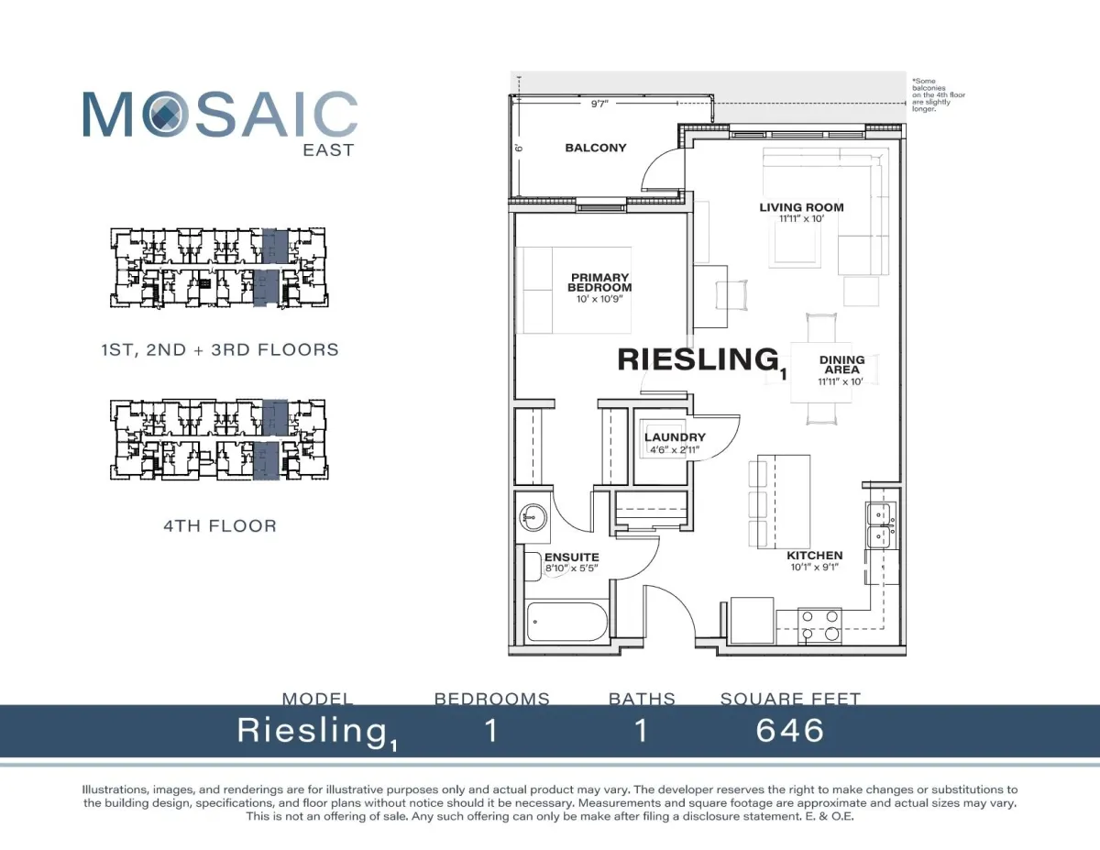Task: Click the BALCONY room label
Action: point(595,148)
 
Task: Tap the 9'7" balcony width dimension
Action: point(599,104)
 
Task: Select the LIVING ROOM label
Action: point(801,207)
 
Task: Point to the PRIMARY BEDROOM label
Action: point(599,282)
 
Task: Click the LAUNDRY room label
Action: point(675,436)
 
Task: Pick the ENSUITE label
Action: point(571,557)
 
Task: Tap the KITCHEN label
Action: point(815,556)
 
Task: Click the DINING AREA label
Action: point(841,365)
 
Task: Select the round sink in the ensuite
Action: point(533,517)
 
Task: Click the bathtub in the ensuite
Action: point(566,622)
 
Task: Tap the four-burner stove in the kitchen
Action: point(819,625)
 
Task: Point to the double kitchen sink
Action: point(881,525)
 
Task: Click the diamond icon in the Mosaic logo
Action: point(165,114)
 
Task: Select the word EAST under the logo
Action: point(328,150)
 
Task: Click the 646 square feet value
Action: point(790,731)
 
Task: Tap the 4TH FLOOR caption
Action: point(220,526)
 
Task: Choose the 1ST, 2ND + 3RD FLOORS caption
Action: point(220,350)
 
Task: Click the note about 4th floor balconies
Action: point(938,94)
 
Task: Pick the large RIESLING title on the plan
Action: point(698,359)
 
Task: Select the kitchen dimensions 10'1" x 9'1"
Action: point(815,567)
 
